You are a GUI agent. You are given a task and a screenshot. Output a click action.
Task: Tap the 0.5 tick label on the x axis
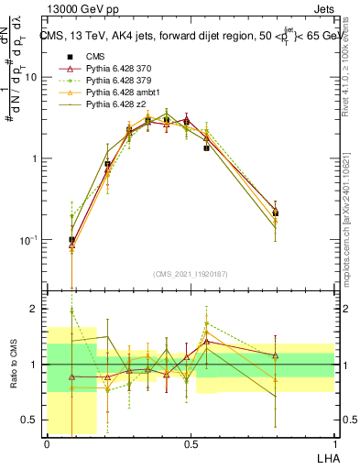click(x=191, y=444)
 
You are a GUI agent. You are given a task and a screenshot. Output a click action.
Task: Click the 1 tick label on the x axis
click(x=334, y=444)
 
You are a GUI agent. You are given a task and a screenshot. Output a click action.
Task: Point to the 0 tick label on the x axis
click(x=48, y=444)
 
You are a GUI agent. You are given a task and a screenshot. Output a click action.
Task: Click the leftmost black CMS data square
click(x=71, y=240)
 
